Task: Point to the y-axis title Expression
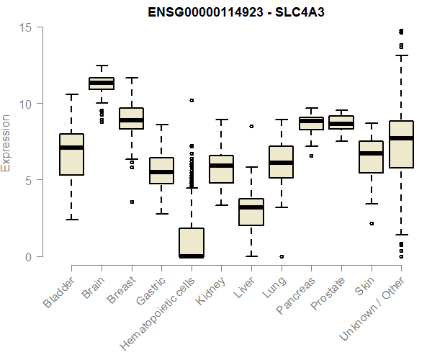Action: click(6, 143)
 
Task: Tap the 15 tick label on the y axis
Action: click(27, 27)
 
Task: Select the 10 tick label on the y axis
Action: click(27, 104)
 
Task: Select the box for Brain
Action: click(102, 84)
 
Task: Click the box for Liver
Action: click(251, 212)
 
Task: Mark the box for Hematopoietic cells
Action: click(191, 242)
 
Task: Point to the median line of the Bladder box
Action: click(71, 148)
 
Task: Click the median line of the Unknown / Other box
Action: click(400, 138)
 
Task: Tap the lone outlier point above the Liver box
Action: click(251, 126)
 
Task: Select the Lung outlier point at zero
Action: click(281, 256)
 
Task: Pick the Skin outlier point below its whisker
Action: click(371, 223)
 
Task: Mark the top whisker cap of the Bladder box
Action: click(71, 94)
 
